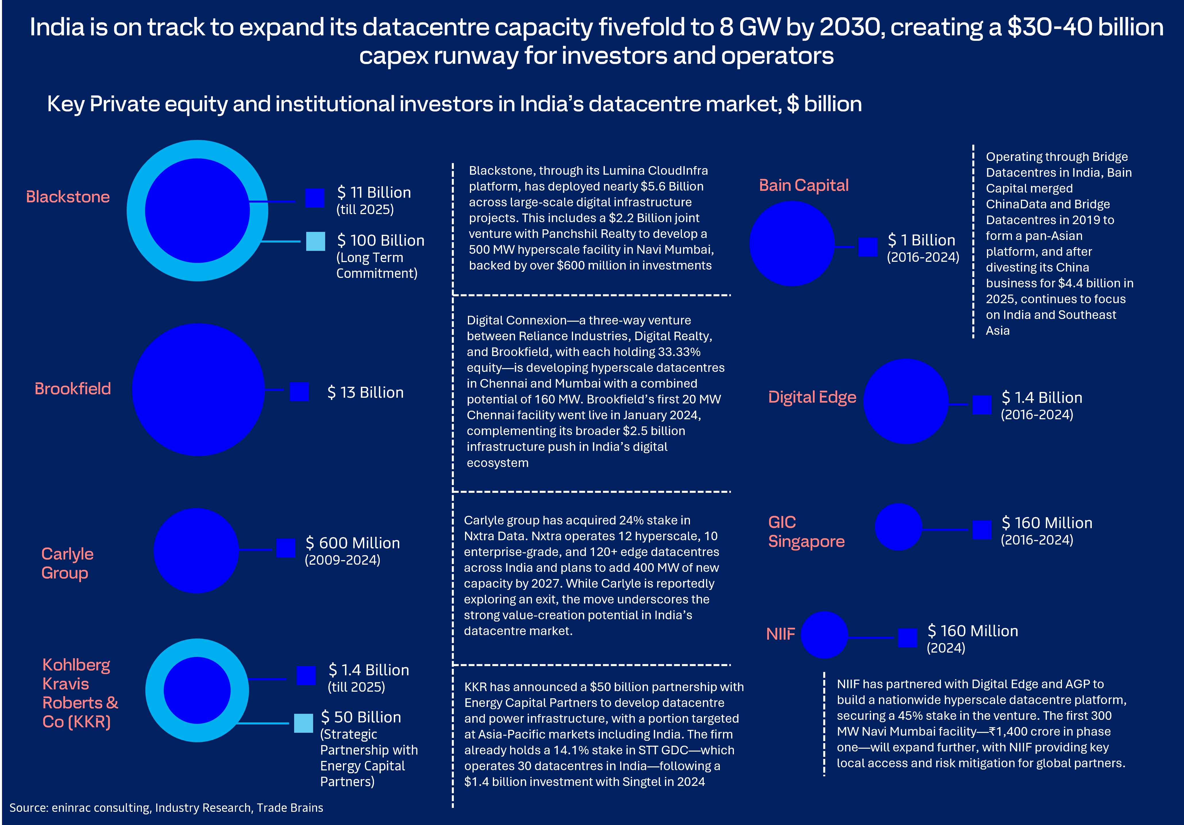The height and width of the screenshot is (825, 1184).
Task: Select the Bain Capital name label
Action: click(x=803, y=185)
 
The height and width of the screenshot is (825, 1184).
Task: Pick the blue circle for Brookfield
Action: click(x=198, y=390)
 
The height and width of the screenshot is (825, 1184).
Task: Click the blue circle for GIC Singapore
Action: click(x=898, y=527)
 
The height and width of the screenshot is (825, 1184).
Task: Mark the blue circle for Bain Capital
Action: click(x=792, y=243)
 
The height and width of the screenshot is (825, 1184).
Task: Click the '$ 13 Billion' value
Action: click(x=365, y=393)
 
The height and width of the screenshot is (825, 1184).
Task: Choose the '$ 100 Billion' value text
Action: click(x=381, y=241)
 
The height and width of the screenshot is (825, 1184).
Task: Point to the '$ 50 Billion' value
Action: click(x=361, y=717)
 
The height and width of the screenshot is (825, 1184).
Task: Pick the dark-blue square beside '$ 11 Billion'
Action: click(x=315, y=198)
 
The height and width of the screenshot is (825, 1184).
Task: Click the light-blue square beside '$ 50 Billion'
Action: click(x=303, y=723)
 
